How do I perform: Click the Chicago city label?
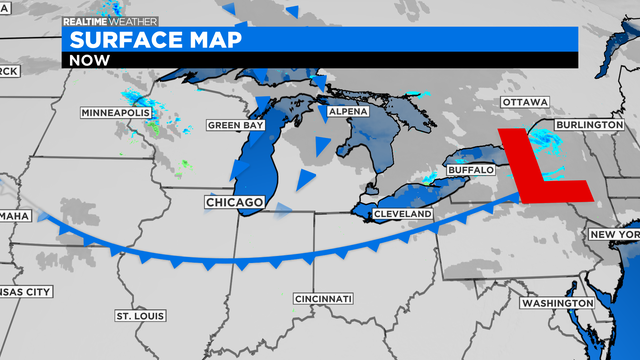pos(235,203)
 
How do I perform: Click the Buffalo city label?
pos(470,171)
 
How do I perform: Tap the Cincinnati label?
pos(323,299)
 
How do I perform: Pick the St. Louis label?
pos(139,316)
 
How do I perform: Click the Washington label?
pos(557,302)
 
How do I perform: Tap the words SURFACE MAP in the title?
pos(150,39)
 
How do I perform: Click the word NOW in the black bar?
pos(89,60)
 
